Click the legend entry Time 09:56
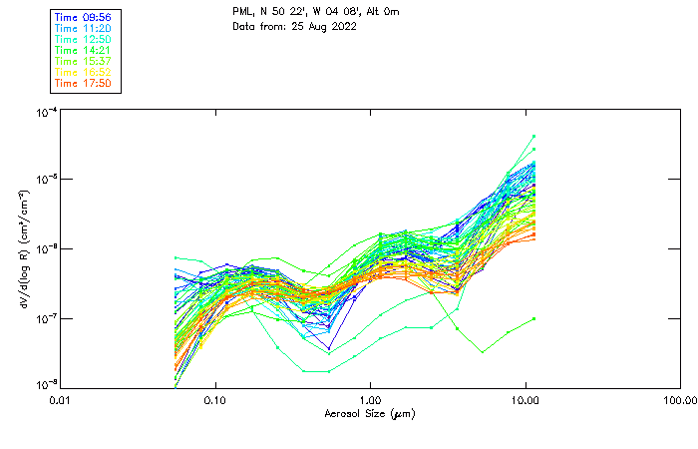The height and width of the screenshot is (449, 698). click(x=84, y=17)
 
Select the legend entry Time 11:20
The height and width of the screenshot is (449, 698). click(x=84, y=28)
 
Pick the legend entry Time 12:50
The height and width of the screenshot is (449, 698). click(x=84, y=39)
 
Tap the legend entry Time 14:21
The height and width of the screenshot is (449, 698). click(x=84, y=50)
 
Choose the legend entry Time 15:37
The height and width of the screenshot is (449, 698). click(x=84, y=61)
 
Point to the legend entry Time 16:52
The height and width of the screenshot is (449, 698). click(x=84, y=72)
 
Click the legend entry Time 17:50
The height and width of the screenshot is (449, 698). click(x=84, y=83)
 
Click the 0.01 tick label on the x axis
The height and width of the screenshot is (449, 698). click(x=61, y=400)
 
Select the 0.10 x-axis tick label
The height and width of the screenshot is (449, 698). click(x=215, y=400)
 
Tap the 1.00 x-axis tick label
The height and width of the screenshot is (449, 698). click(x=371, y=400)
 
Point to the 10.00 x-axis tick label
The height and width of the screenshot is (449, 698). click(x=525, y=400)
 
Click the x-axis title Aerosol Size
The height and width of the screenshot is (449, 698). click(x=370, y=413)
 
